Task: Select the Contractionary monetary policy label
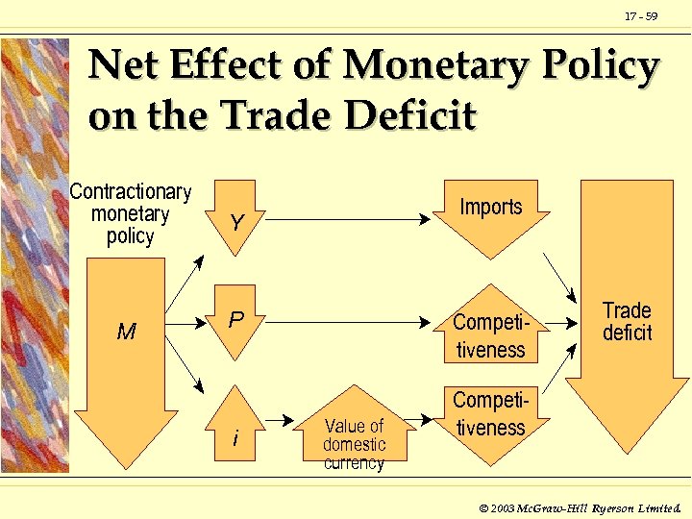point(131,213)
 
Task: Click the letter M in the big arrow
point(126,333)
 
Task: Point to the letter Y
point(236,223)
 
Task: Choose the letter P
point(235,319)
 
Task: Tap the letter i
point(235,439)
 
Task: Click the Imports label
point(491,207)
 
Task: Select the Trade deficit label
point(627,322)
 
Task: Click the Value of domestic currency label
point(354,444)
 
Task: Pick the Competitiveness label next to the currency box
point(490,413)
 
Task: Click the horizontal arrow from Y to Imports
point(346,220)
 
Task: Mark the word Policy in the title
point(600,67)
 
